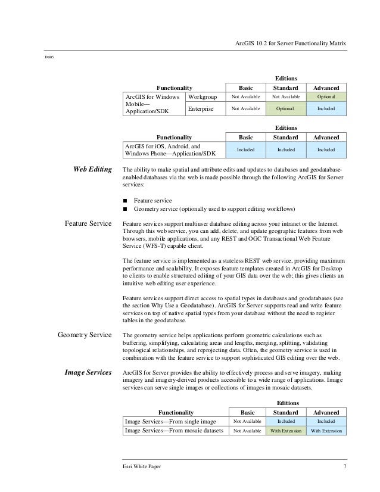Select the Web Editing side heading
pos(92,170)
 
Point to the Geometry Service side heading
pos(84,335)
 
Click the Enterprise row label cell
pos(204,110)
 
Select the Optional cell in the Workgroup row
pos(326,96)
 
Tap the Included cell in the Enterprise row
pos(326,110)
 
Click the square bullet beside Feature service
pos(125,201)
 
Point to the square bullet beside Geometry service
pos(125,209)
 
